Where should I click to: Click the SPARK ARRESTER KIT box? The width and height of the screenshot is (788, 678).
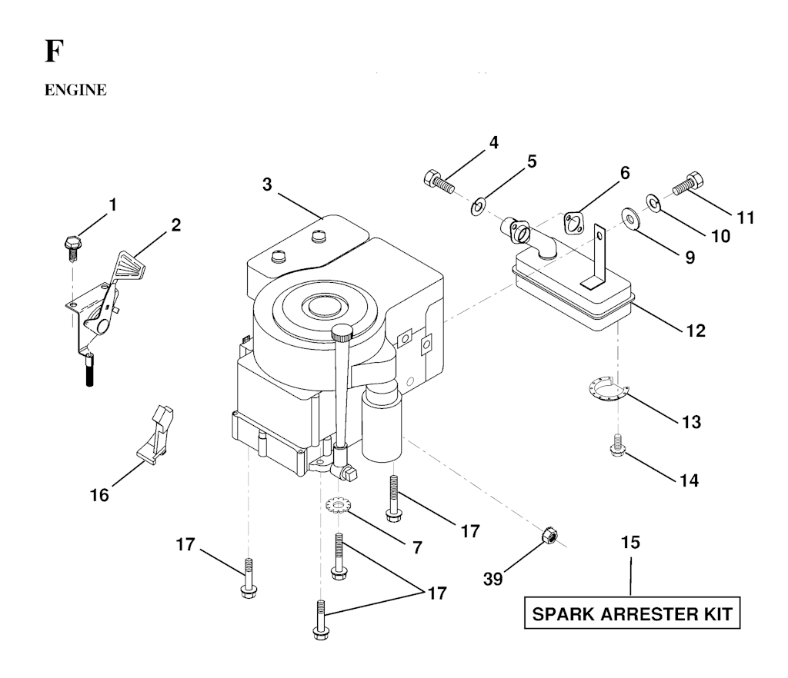coord(633,614)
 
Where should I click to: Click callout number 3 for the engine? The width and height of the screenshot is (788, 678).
coord(266,184)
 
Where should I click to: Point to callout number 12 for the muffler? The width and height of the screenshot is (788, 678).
coord(694,331)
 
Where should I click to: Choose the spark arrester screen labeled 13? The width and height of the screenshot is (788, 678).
coord(606,391)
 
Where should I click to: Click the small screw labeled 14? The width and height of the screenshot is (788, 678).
coord(616,444)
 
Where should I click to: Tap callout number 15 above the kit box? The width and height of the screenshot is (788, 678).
coord(630,543)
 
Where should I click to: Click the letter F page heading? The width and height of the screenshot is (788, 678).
coord(52,53)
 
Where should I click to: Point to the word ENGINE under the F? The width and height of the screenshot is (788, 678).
coord(75,91)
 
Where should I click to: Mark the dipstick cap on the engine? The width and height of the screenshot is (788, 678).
coord(342,333)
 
